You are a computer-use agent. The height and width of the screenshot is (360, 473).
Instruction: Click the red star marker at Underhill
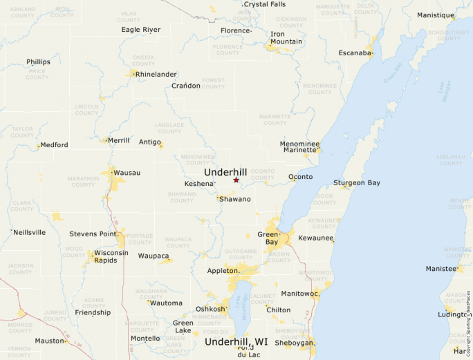pyautogui.click(x=236, y=180)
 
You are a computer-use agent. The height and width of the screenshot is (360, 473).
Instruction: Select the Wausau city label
pyautogui.click(x=127, y=172)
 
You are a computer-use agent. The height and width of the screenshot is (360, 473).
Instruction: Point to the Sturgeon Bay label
pyautogui.click(x=357, y=183)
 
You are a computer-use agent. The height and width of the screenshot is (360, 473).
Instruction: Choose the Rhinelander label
pyautogui.click(x=156, y=74)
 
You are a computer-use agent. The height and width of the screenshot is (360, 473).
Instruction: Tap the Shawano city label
pyautogui.click(x=235, y=199)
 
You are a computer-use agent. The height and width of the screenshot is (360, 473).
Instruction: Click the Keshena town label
pyautogui.click(x=199, y=184)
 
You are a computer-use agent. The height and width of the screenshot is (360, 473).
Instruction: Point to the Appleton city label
pyautogui.click(x=223, y=271)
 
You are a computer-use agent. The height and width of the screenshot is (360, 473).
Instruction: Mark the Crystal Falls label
pyautogui.click(x=266, y=4)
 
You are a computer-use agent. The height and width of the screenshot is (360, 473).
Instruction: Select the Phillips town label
pyautogui.click(x=38, y=61)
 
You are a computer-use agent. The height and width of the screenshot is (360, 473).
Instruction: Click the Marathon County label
pyautogui.click(x=82, y=181)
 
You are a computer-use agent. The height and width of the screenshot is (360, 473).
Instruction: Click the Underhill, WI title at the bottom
pyautogui.click(x=236, y=342)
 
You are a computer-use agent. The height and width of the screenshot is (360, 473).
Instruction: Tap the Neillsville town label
pyautogui.click(x=30, y=232)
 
